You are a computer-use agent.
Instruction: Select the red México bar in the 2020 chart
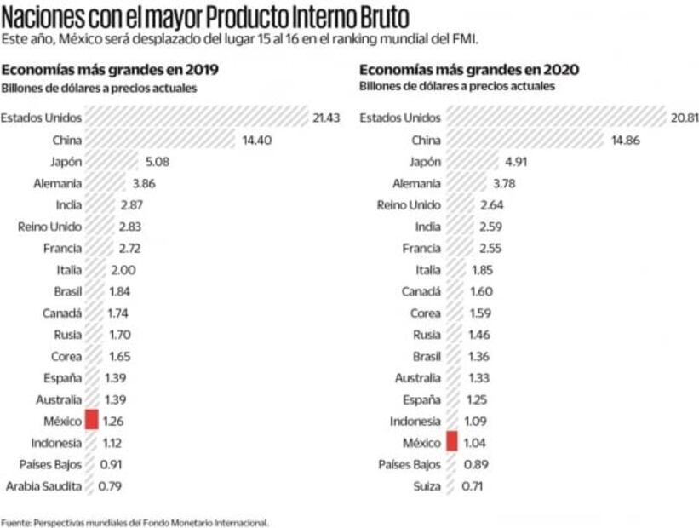pyautogui.click(x=451, y=443)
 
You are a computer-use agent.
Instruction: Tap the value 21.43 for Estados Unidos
pyautogui.click(x=326, y=118)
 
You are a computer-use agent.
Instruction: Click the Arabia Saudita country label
pyautogui.click(x=43, y=486)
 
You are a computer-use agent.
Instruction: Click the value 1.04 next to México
pyautogui.click(x=473, y=443)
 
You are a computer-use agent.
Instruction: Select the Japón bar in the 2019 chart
pyautogui.click(x=112, y=162)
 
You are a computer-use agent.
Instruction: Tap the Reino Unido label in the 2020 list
pyautogui.click(x=409, y=205)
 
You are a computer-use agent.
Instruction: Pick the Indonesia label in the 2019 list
pyautogui.click(x=56, y=442)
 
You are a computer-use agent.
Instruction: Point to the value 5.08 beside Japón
pyautogui.click(x=155, y=162)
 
